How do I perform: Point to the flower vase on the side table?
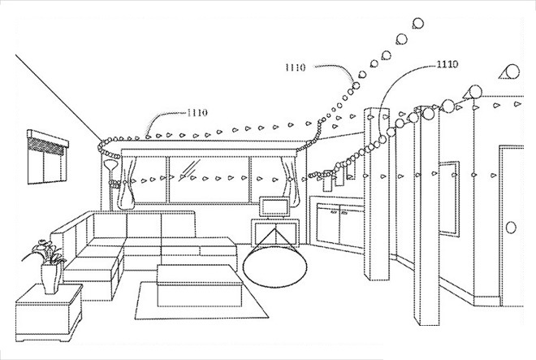(50, 279)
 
